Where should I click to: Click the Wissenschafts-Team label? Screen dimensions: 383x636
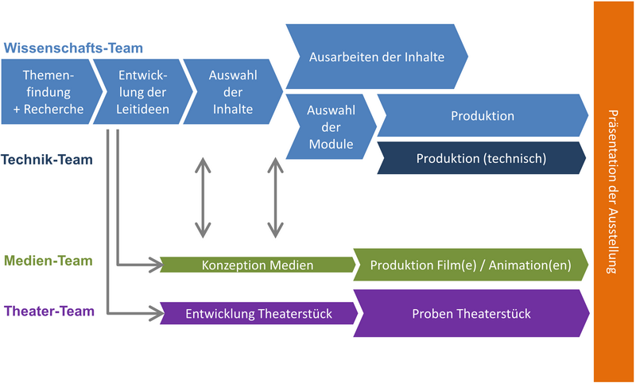pyautogui.click(x=73, y=48)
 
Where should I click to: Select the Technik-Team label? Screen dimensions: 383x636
pyautogui.click(x=58, y=160)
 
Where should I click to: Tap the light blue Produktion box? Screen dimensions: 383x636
pyautogui.click(x=481, y=116)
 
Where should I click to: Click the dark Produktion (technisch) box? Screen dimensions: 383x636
pyautogui.click(x=481, y=158)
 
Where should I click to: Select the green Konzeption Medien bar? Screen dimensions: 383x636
pyautogui.click(x=257, y=265)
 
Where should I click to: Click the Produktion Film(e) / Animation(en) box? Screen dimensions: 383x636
pyautogui.click(x=470, y=265)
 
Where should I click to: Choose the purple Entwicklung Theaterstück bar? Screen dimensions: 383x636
pyautogui.click(x=257, y=314)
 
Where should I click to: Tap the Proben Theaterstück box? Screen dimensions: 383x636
pyautogui.click(x=470, y=314)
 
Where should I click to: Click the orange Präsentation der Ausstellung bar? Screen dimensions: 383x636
pyautogui.click(x=613, y=191)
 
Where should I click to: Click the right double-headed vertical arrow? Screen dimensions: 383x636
pyautogui.click(x=275, y=197)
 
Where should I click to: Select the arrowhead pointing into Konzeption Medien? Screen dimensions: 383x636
pyautogui.click(x=153, y=265)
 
